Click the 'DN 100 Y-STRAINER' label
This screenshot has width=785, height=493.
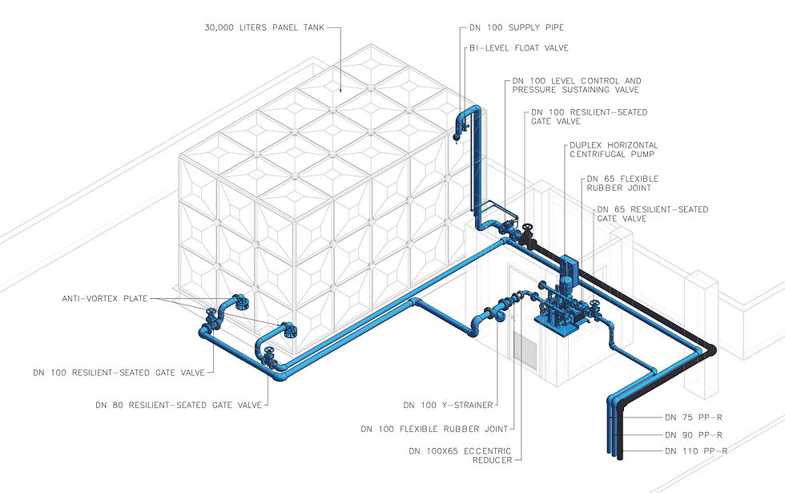click(448, 405)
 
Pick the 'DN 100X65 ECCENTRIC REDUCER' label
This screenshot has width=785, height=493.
click(460, 456)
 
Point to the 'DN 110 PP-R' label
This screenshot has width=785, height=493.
click(696, 451)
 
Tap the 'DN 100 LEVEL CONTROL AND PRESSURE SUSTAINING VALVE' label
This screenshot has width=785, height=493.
click(577, 86)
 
